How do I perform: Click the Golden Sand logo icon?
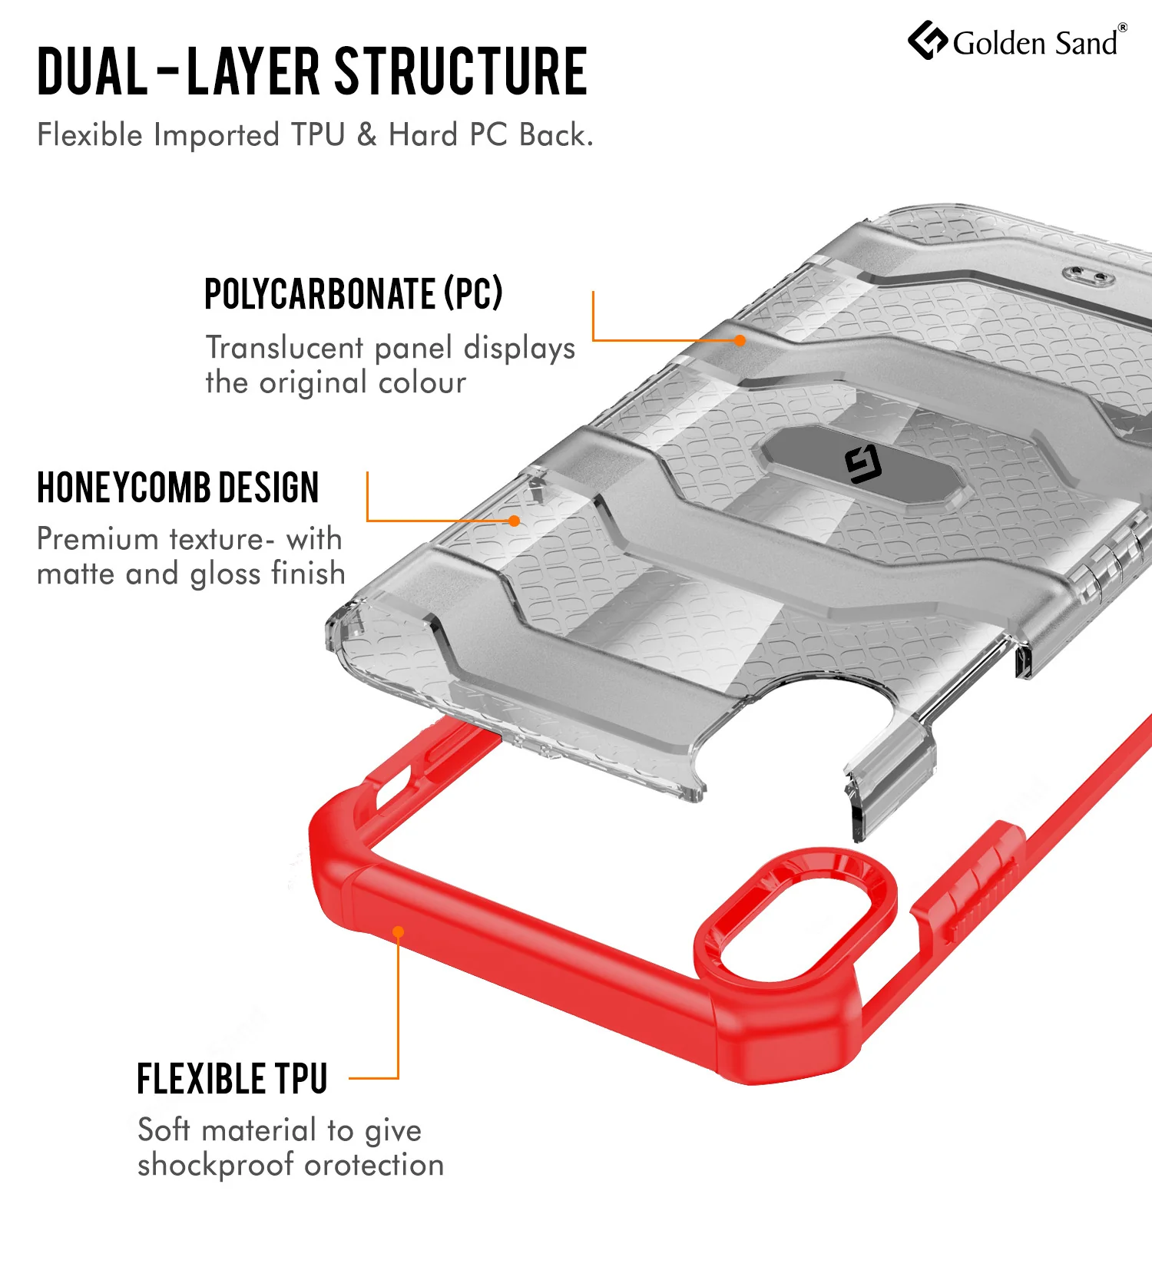tap(928, 41)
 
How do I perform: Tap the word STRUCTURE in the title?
tap(461, 71)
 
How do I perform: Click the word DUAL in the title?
tap(92, 71)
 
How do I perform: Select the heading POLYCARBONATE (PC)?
tap(353, 293)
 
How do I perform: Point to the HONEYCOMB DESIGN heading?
tap(178, 488)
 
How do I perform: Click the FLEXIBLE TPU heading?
tap(232, 1079)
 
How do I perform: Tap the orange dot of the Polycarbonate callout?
tap(740, 340)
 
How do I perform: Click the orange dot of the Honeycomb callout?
tap(515, 521)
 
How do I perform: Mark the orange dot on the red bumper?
tap(399, 932)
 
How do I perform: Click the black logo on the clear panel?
tap(863, 465)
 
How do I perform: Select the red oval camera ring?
tap(795, 914)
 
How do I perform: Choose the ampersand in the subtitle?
tap(367, 135)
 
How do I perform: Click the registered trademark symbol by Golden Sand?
tap(1122, 28)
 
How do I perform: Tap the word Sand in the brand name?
tap(1086, 43)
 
